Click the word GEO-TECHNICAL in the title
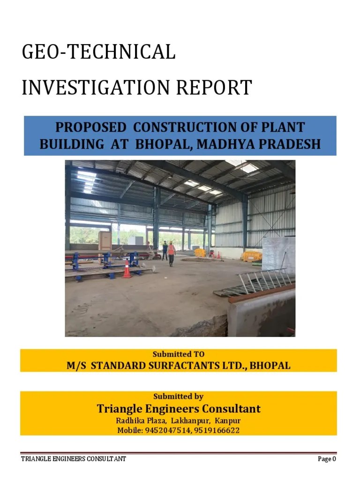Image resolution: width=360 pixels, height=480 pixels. [x=98, y=52]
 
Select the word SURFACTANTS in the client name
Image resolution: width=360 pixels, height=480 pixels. [x=180, y=365]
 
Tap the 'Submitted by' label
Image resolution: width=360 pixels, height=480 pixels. [x=179, y=397]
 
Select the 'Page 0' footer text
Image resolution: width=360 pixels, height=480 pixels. [x=327, y=459]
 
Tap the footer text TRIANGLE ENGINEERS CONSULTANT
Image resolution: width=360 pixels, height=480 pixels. [x=74, y=459]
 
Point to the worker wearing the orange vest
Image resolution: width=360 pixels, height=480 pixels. [x=171, y=254]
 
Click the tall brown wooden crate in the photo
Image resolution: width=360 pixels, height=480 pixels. [x=105, y=241]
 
